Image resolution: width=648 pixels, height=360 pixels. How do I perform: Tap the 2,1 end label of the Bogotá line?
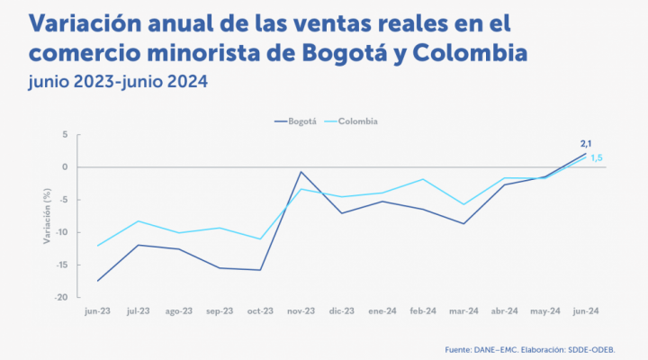[585, 143]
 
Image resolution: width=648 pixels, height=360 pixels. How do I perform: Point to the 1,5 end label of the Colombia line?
[596, 157]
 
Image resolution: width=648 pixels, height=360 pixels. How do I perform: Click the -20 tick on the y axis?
[62, 297]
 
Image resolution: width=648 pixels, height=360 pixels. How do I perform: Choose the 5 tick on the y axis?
[65, 135]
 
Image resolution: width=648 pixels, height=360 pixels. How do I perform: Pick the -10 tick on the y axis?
[62, 232]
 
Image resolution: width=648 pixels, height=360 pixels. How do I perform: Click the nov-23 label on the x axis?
[301, 310]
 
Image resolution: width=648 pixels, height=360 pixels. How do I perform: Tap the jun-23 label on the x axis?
[97, 310]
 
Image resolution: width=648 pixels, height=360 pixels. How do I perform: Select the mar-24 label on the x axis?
[463, 310]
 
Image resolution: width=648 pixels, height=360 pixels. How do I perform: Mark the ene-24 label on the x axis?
[382, 310]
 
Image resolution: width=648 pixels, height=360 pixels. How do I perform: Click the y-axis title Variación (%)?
[46, 216]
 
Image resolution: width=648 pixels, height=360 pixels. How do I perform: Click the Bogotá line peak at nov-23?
[301, 171]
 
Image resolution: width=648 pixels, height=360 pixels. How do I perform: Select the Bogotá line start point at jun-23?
[97, 281]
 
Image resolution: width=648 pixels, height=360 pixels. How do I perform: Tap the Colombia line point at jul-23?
[138, 220]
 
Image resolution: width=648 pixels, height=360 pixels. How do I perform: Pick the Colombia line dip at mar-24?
[463, 204]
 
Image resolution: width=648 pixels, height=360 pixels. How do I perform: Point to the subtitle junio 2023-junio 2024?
[118, 82]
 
